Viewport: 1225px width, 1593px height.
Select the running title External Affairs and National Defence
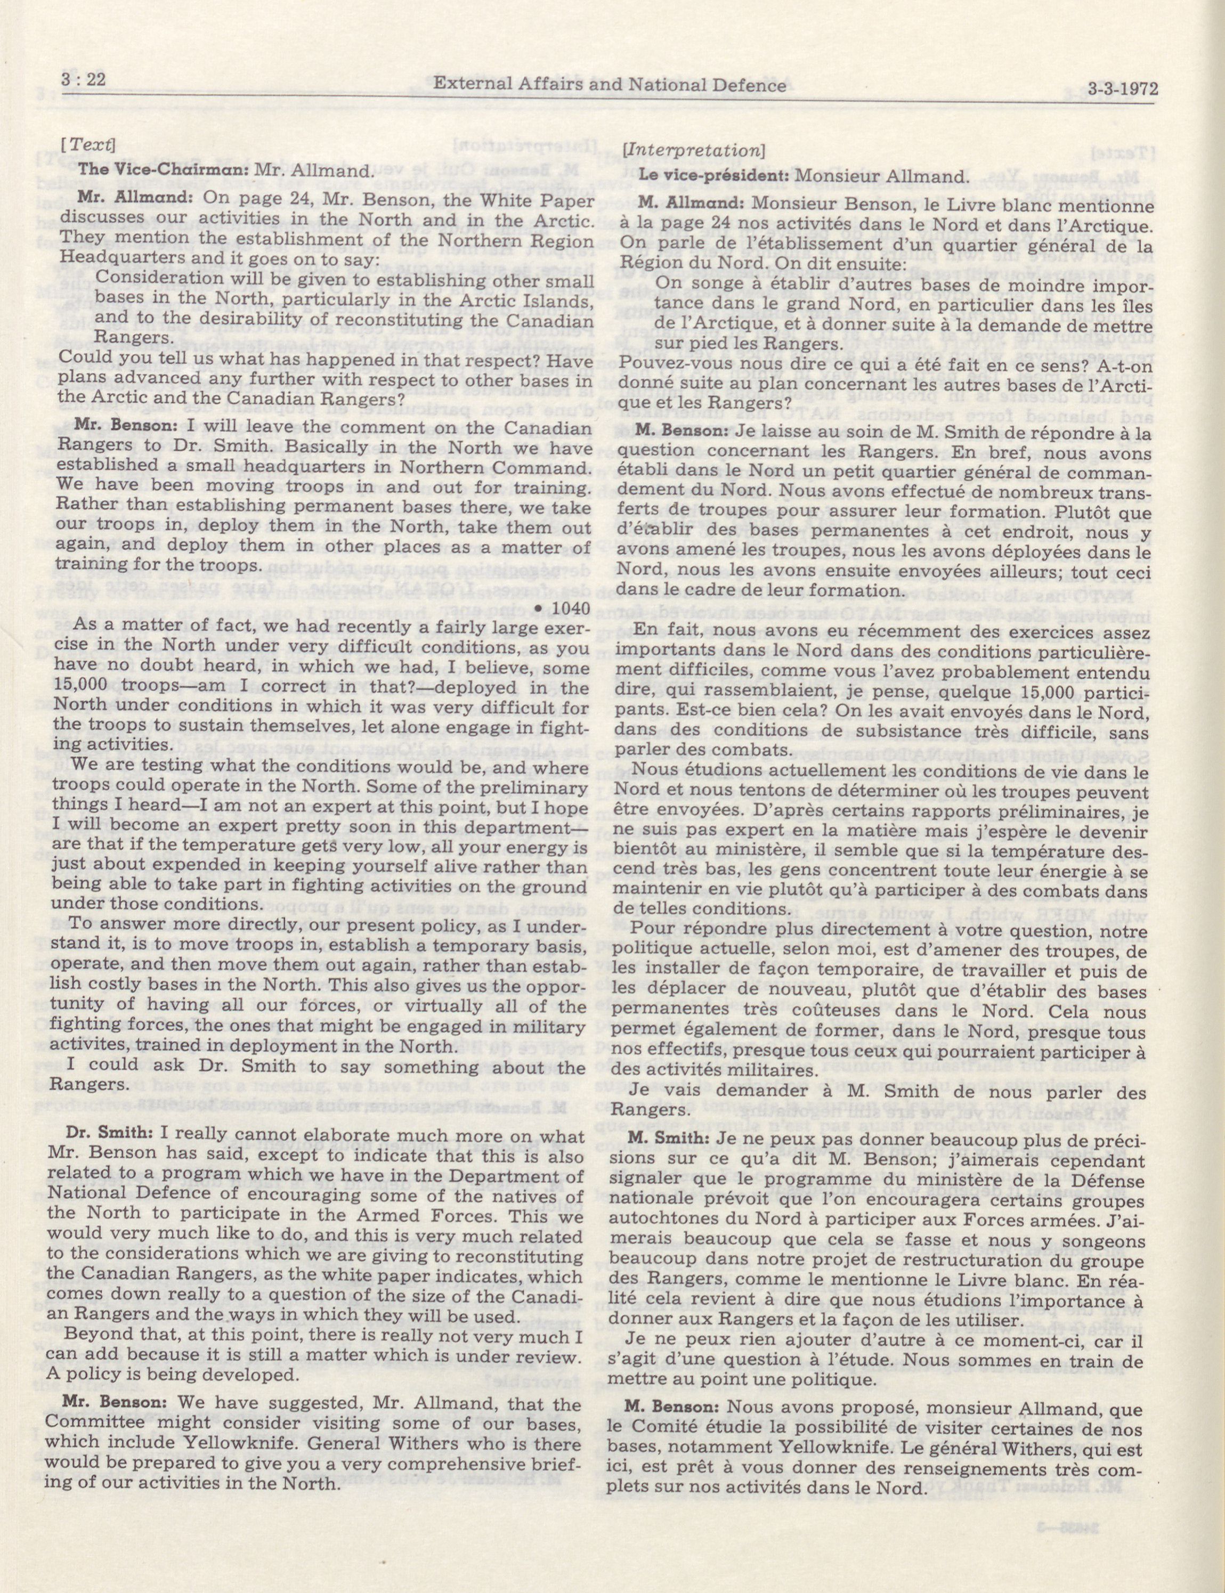tap(610, 86)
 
